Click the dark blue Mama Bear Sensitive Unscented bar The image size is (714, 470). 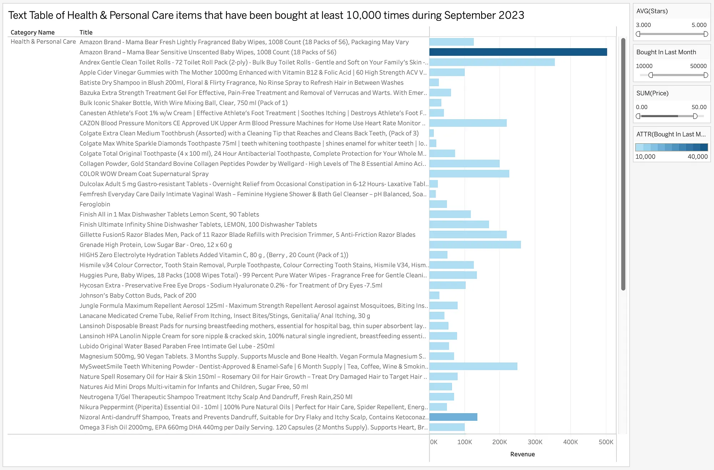click(x=518, y=52)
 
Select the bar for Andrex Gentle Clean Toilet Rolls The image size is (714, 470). click(x=492, y=62)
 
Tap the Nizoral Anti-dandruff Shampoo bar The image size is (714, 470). click(x=453, y=417)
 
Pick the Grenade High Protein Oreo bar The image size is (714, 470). click(x=475, y=245)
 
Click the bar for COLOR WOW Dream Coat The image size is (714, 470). click(x=469, y=174)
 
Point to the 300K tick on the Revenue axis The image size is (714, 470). click(x=535, y=442)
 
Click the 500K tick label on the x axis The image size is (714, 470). click(x=606, y=442)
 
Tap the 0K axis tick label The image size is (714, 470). click(x=434, y=442)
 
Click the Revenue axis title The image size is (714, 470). click(x=522, y=454)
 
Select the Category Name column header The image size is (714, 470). click(x=32, y=32)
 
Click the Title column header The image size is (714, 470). click(x=86, y=32)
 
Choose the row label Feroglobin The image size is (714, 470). click(x=95, y=204)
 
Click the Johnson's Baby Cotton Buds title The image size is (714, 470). click(x=138, y=295)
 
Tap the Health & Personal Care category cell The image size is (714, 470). click(x=43, y=42)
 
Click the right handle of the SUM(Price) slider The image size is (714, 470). click(x=695, y=116)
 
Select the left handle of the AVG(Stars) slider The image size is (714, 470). click(x=638, y=34)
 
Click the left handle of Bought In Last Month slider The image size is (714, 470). click(x=650, y=75)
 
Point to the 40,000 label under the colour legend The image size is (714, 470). click(x=698, y=156)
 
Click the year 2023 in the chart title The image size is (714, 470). click(x=511, y=15)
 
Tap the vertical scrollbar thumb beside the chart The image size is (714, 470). click(x=623, y=164)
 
